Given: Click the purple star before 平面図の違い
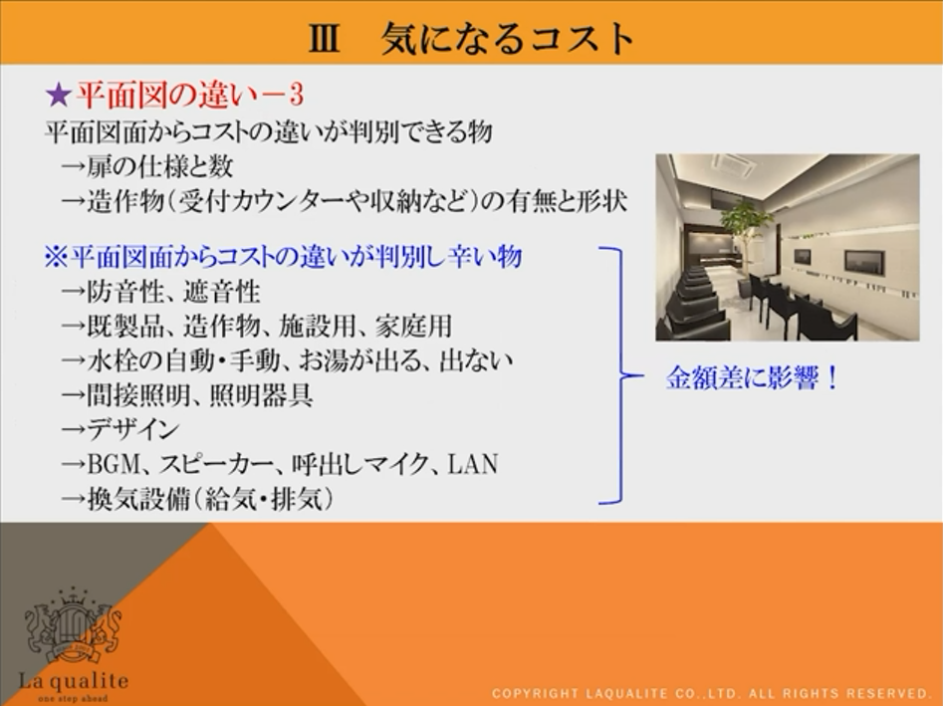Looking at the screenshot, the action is pyautogui.click(x=59, y=95).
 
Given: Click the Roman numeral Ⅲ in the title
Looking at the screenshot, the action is pyautogui.click(x=325, y=39).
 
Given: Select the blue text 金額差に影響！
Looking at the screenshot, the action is pyautogui.click(x=751, y=377).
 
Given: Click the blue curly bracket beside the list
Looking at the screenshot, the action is pyautogui.click(x=620, y=375).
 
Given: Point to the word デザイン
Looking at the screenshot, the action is pyautogui.click(x=133, y=429).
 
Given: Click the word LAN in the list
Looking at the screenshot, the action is pyautogui.click(x=473, y=464).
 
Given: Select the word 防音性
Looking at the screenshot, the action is pyautogui.click(x=125, y=293).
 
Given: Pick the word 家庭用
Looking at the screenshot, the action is pyautogui.click(x=414, y=326).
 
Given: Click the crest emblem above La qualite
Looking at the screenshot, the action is pyautogui.click(x=73, y=626).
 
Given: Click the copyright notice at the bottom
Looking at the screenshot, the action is pyautogui.click(x=711, y=693).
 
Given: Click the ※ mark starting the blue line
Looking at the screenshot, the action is pyautogui.click(x=56, y=257).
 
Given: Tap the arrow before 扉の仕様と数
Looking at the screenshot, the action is pyautogui.click(x=74, y=167).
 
